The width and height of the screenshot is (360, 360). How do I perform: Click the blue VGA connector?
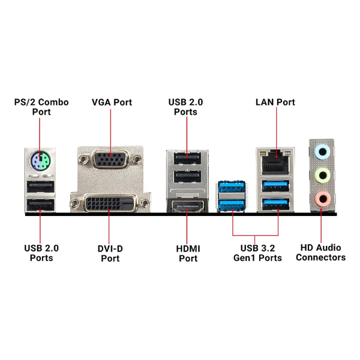110,160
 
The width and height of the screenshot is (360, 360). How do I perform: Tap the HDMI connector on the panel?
187,207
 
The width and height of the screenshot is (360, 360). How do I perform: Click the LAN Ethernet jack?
275,160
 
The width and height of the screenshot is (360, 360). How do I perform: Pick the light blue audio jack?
323,152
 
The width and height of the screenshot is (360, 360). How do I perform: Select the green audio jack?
323,175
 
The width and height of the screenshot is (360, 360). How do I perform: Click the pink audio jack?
323,197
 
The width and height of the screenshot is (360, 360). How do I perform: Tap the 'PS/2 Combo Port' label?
41,107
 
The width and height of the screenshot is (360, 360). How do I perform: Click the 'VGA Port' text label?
112,102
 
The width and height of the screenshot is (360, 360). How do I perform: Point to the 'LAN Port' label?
275,102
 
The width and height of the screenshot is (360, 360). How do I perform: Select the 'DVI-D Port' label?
110,253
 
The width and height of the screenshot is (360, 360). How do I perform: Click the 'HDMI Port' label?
188,253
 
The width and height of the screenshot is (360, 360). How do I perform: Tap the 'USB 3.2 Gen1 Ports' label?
257,253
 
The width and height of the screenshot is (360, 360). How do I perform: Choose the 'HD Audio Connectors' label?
323,253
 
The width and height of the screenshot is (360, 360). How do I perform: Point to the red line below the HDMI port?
187,228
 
